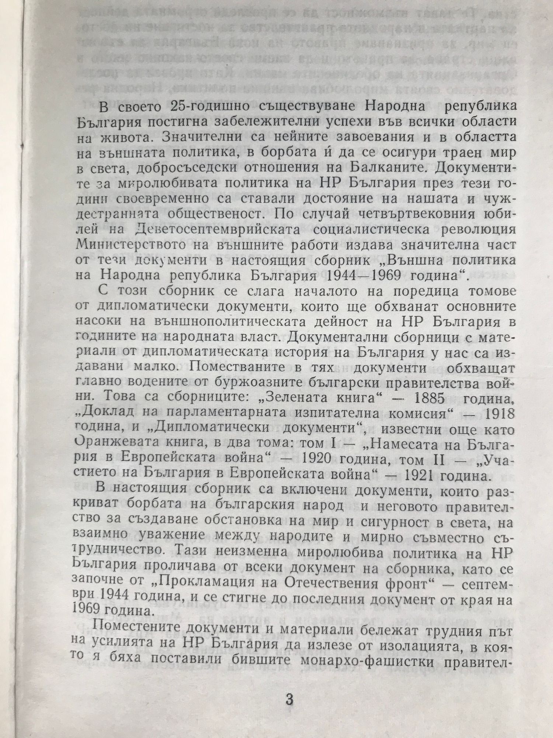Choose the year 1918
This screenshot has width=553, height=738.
pos(500,414)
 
